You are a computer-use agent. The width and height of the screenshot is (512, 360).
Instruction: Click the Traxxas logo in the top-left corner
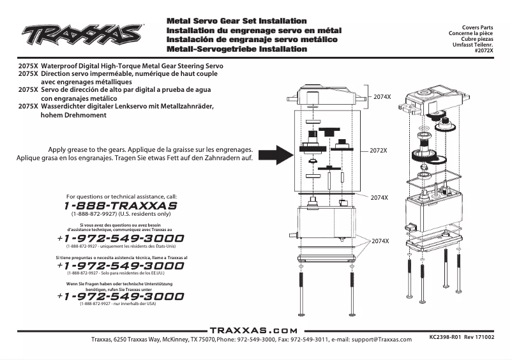coord(81,33)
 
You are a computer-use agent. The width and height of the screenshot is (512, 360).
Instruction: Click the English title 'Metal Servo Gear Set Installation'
coord(236,21)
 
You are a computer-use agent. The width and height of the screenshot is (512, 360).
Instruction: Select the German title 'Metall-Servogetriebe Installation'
coord(236,49)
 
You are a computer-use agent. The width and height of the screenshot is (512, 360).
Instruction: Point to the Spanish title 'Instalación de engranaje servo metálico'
coord(252,40)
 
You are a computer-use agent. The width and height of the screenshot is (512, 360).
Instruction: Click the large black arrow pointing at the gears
coord(275,153)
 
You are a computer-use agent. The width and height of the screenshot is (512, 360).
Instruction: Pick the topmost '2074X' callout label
coord(382,96)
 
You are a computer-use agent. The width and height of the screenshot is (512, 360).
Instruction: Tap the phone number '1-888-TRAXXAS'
coord(120,206)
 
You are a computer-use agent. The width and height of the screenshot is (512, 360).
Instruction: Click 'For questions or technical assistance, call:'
coord(121,197)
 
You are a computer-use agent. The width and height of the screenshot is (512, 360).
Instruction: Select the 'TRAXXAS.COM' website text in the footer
coord(253,331)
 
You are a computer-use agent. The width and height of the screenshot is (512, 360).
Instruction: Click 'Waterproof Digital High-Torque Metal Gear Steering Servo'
coord(132,66)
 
